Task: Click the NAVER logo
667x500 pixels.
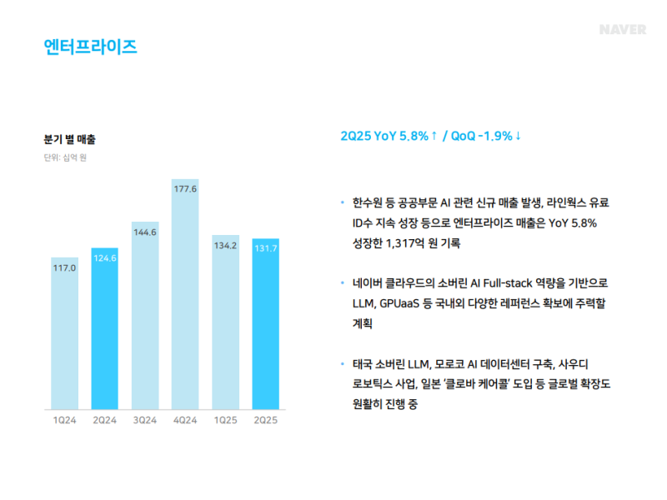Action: (622, 30)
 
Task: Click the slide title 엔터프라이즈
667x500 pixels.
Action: (90, 46)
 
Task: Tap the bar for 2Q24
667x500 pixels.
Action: (105, 329)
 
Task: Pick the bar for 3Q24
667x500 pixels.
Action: (145, 317)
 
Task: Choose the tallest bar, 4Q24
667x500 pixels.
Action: (185, 296)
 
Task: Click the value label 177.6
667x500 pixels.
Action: (185, 189)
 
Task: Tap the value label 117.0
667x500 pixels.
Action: (65, 267)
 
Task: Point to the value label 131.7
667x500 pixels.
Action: (266, 247)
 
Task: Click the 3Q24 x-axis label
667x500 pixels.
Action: (145, 420)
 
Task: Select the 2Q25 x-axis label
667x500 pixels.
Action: (266, 420)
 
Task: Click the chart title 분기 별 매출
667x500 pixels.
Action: (70, 139)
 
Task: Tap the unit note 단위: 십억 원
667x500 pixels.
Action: (65, 157)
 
